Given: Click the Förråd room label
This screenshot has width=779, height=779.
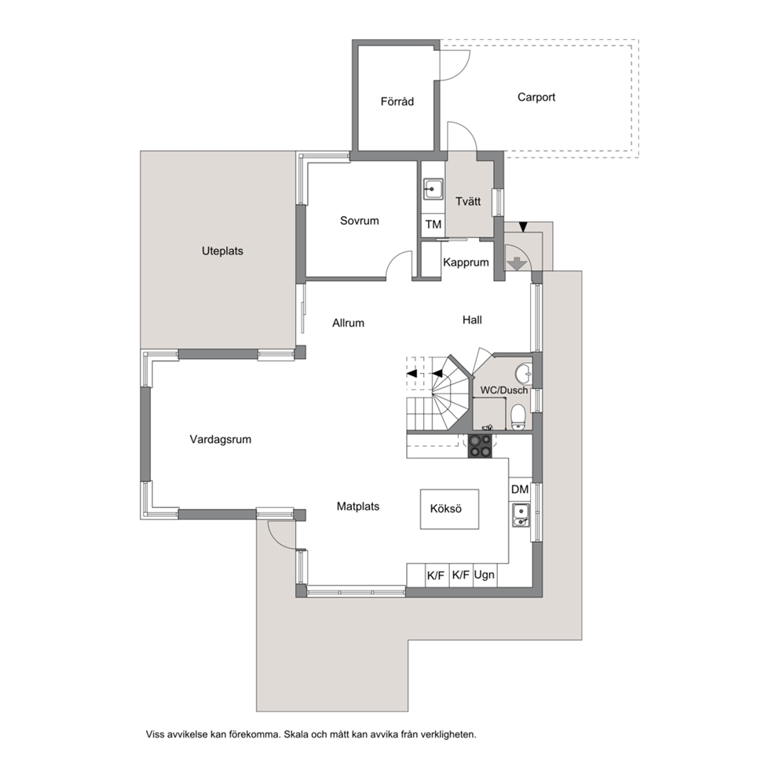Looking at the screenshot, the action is pos(397,101).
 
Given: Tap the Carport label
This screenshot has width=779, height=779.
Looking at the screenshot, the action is pos(536,97).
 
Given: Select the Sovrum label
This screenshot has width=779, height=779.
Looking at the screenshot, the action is pos(359,221).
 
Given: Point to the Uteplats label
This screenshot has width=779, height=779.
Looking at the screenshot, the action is pos(222,251).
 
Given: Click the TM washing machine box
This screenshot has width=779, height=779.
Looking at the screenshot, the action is pos(433,225).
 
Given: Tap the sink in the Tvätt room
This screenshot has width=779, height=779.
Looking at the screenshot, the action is pos(433,189).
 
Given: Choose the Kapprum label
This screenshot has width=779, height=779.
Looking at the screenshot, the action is pos(466,262).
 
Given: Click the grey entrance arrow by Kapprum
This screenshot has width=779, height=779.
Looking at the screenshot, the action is pos(517,263).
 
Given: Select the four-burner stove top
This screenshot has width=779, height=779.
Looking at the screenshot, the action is pos(481,445).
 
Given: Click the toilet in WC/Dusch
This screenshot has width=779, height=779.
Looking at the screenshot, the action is pos(518,417).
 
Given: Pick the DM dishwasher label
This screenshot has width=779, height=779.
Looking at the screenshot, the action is pos(520,489).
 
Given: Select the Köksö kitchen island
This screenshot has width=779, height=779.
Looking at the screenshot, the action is pos(450,509).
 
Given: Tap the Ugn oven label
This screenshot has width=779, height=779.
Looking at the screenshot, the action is pos(484,575).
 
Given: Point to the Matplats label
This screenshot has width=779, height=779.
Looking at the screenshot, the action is pos(358,507).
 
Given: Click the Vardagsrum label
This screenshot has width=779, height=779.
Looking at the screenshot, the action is pos(220,440).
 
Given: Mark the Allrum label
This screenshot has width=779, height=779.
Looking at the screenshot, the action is pos(348,324).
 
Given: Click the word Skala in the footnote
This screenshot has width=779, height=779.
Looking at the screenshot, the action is pos(296,734).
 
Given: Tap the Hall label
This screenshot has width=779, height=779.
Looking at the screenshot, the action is pos(472,320).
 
